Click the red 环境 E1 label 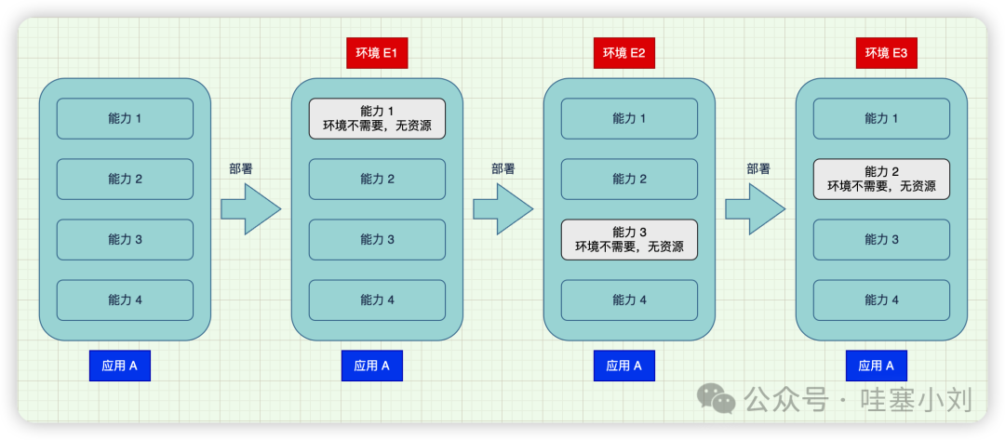[377, 53]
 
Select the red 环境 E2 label [624, 53]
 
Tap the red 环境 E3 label [887, 53]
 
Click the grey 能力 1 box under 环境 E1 [377, 119]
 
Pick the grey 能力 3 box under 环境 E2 [629, 239]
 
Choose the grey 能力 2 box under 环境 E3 [881, 179]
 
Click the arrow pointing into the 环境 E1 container [250, 208]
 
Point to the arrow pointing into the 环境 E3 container [755, 208]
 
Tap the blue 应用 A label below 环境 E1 [372, 366]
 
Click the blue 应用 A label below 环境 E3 [877, 366]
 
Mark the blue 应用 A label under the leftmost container [120, 366]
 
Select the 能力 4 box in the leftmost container [125, 300]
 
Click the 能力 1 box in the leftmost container [125, 119]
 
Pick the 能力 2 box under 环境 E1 [377, 179]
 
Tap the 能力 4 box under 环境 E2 [629, 300]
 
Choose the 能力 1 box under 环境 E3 [881, 119]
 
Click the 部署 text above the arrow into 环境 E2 [503, 169]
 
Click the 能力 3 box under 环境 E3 [881, 239]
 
